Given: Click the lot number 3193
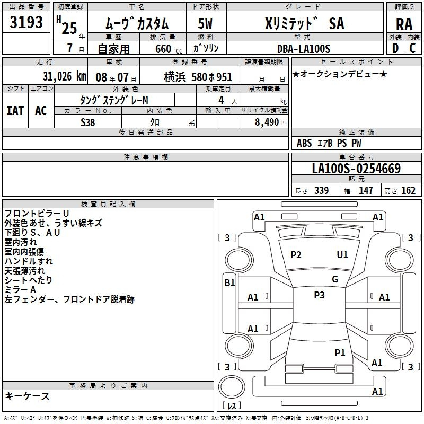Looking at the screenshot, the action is pos(26,22).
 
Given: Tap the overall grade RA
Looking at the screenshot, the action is pos(404,24).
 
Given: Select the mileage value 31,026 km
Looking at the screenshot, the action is pos(64,76).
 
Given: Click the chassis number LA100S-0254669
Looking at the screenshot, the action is pos(356,169).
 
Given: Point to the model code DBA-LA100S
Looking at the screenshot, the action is pos(304,49).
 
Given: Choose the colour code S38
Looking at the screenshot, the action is pos(88,122).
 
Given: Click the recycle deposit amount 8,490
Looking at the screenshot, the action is pos(267,122).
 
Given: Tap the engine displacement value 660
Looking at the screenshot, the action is pos(163,49).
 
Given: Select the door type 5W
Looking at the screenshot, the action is pos(205,23).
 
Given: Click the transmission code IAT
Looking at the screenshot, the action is pos(15,111).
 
